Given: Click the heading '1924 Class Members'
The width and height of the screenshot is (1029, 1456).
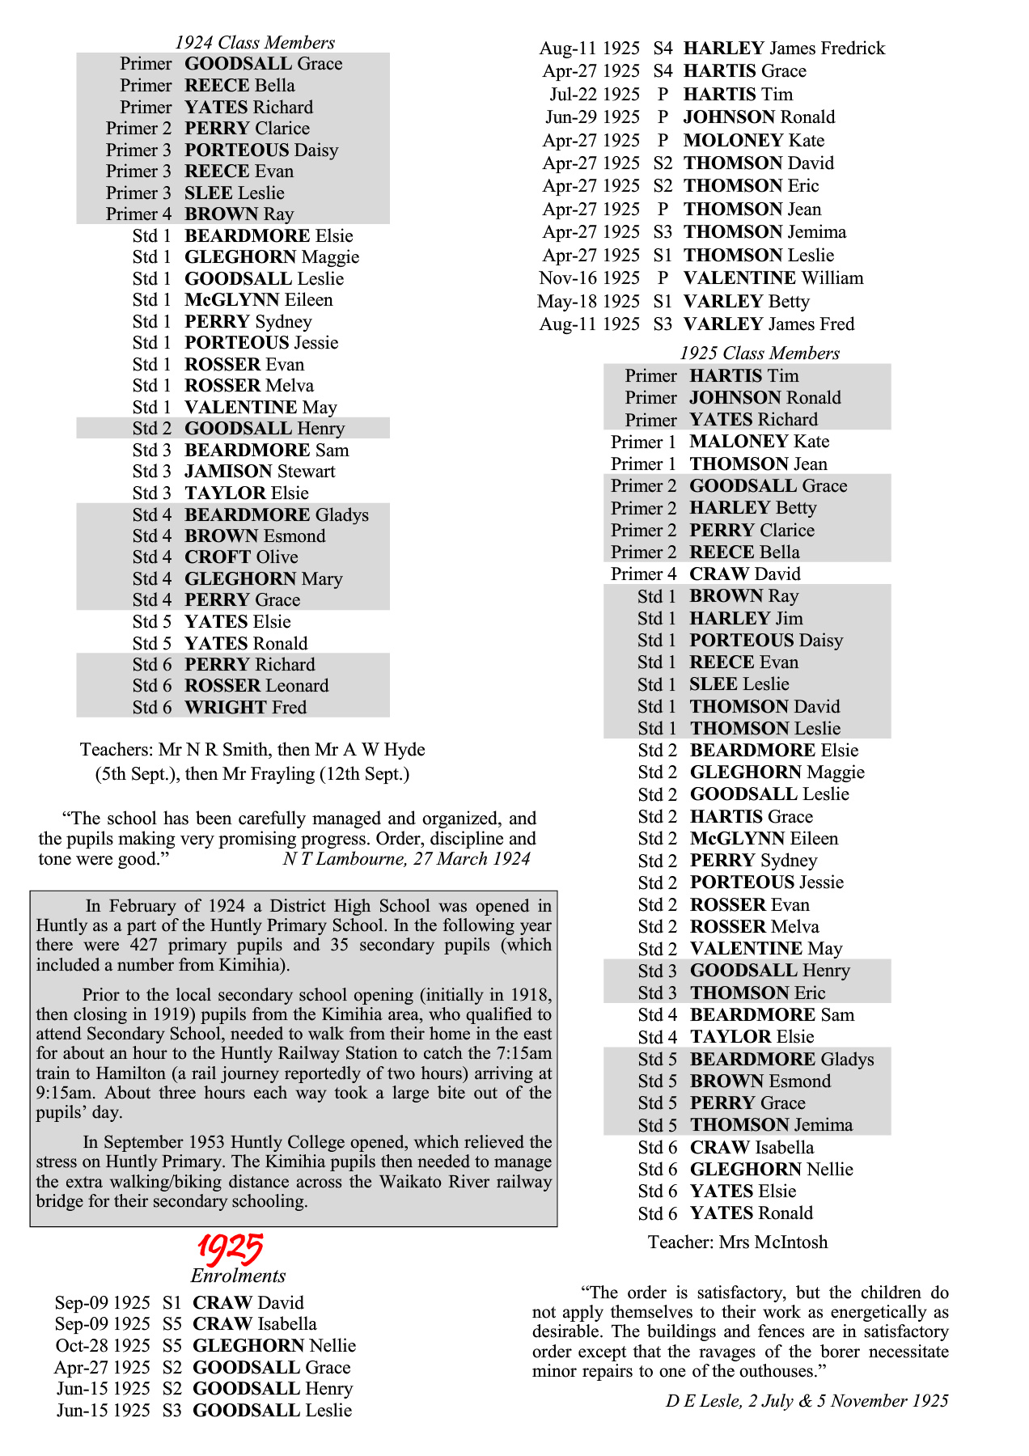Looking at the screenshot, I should pos(255,43).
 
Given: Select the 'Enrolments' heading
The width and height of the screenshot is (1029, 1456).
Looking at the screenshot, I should pos(238,1276).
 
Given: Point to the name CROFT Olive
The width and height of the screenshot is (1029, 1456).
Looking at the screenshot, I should pos(241,557).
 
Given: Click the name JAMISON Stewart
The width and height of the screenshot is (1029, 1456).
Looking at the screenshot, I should pos(260,472).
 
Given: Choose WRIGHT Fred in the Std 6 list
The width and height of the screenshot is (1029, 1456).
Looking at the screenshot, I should pos(245,708).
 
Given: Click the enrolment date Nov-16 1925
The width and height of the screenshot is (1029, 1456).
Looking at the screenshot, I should pos(589,278).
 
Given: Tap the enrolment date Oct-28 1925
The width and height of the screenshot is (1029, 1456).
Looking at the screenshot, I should pos(103,1346).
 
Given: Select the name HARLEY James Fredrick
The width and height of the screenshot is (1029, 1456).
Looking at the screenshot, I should pos(784,49).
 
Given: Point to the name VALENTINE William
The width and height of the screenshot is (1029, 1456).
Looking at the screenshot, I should pos(773,278).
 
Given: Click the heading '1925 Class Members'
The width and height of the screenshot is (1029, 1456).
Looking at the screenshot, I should pos(759,353).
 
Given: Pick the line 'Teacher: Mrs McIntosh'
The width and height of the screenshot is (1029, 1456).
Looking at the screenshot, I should pos(737,1242).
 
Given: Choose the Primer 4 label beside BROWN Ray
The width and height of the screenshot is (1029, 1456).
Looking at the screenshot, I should pos(138,214).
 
